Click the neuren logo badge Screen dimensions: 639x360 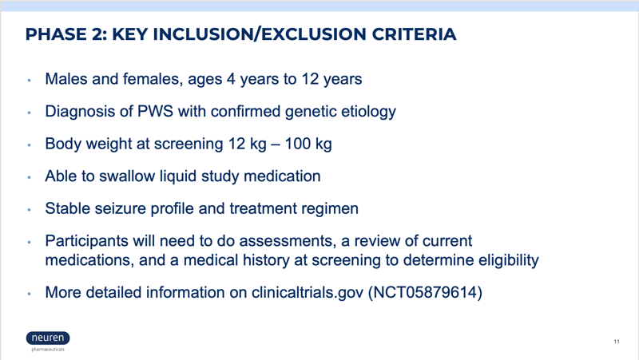pos(48,338)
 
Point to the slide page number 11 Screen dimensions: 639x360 pos(617,342)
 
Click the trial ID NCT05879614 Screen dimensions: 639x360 pos(425,292)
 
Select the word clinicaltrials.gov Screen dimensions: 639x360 pos(308,293)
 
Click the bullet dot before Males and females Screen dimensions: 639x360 pos(29,81)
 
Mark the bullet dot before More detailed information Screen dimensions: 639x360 pos(29,294)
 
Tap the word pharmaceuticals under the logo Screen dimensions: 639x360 pos(48,350)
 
